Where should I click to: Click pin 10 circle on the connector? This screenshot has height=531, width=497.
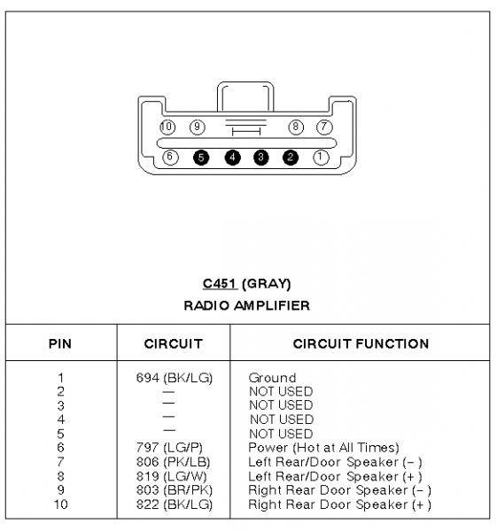click(x=167, y=127)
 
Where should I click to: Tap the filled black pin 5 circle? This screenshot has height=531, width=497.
click(x=201, y=158)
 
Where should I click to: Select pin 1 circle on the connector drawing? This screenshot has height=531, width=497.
click(x=321, y=158)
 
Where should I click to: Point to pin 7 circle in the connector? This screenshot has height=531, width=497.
click(x=324, y=127)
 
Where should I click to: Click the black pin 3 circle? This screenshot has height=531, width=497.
click(x=260, y=158)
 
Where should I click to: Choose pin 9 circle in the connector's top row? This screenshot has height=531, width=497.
click(x=198, y=127)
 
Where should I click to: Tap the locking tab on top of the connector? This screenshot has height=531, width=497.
click(x=245, y=96)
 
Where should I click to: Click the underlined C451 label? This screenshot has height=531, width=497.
click(x=220, y=283)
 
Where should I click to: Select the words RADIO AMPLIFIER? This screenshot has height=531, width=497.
click(x=247, y=305)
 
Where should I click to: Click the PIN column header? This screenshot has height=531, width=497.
click(x=60, y=343)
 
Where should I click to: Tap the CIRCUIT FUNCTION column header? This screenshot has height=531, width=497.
click(x=361, y=343)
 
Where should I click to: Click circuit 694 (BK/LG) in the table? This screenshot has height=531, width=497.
click(x=175, y=378)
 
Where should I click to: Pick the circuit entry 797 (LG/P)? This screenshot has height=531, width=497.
click(x=169, y=447)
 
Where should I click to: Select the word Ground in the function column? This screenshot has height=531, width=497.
click(x=272, y=378)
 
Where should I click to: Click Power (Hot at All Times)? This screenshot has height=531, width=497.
click(x=323, y=447)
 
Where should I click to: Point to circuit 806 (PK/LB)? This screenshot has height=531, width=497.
click(x=174, y=462)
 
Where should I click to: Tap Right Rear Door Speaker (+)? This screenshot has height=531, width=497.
click(x=339, y=504)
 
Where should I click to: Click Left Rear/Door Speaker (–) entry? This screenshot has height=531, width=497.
click(x=335, y=462)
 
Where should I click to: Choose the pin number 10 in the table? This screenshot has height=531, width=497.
click(x=60, y=504)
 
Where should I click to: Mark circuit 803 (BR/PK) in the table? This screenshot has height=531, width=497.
click(x=175, y=490)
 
